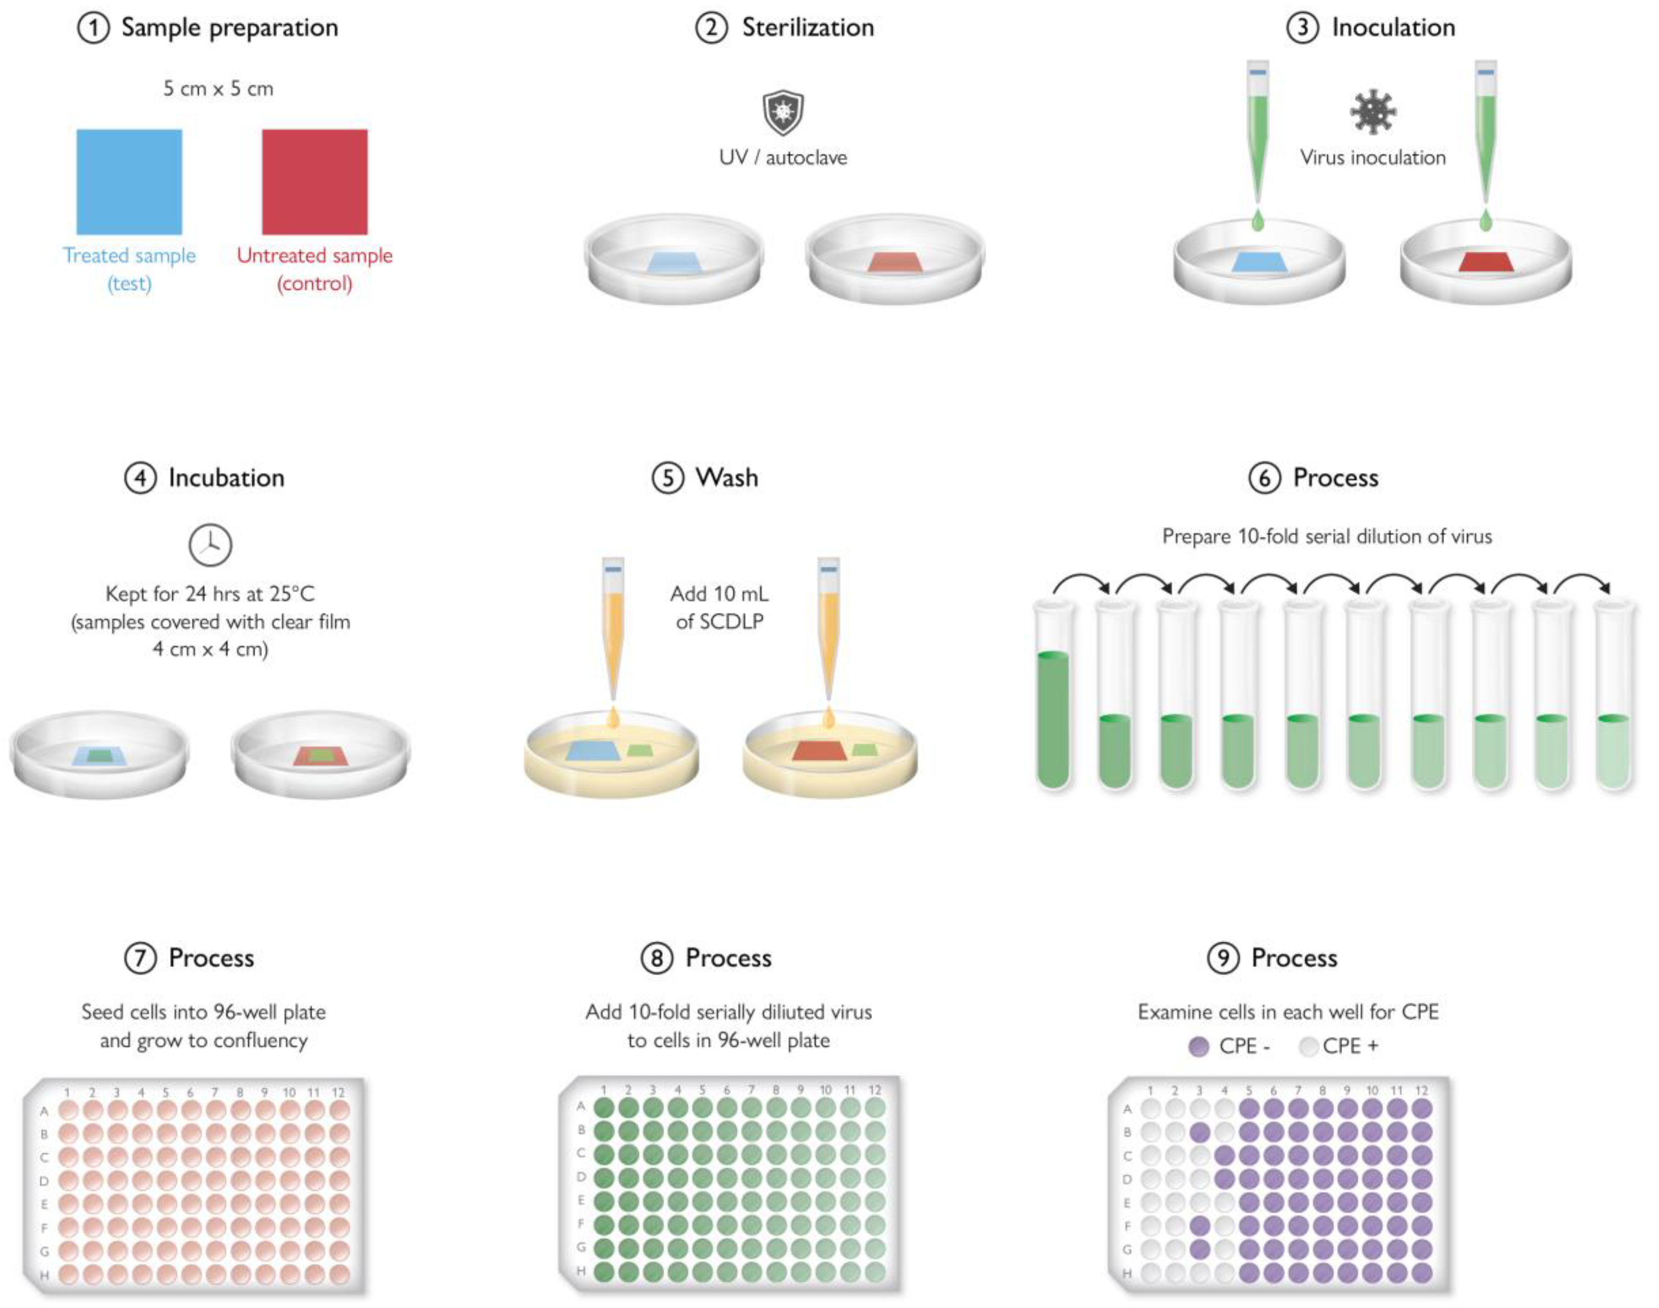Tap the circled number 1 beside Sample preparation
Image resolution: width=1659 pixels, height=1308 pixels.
(x=93, y=29)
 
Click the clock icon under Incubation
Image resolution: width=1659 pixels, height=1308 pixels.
(x=210, y=544)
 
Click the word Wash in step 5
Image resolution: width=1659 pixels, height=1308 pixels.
(x=726, y=478)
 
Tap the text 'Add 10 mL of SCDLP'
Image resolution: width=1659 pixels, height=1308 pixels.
(x=719, y=607)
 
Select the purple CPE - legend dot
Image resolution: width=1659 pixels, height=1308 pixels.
(x=1199, y=1046)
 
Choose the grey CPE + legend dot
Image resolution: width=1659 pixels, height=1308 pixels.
(x=1308, y=1046)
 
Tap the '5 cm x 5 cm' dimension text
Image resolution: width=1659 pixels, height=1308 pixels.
(x=218, y=89)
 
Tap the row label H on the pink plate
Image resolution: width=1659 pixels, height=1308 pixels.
(x=44, y=1275)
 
